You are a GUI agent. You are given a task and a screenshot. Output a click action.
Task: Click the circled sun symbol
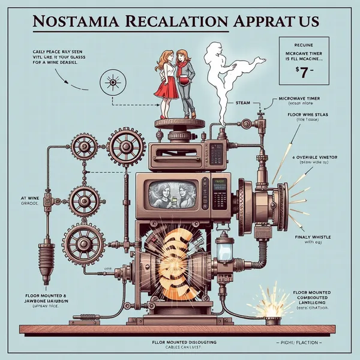[x=112, y=79]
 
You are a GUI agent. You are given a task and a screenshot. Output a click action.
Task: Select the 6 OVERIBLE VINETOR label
[x=306, y=157]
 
